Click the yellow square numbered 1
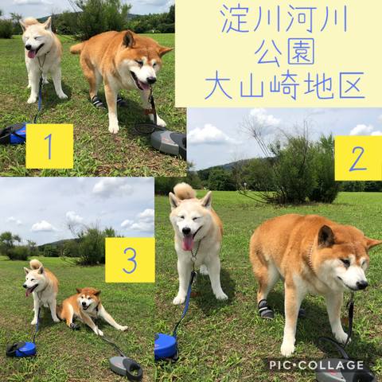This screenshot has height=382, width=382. coord(49,146)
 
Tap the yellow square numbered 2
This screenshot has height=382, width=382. coord(358,158)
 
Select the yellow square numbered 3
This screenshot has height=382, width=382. coord(130,260)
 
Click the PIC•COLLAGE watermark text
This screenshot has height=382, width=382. coord(317,365)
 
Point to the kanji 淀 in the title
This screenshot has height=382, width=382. coord(233,18)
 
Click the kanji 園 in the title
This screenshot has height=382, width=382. coord(301,52)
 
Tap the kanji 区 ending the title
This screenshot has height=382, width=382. coord(352,85)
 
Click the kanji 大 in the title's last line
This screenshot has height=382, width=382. coord(218,85)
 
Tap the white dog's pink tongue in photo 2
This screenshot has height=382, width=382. coord(188,243)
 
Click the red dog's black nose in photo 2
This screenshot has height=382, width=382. coord(361,285)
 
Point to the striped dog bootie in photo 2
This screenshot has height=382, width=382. coord(266,309)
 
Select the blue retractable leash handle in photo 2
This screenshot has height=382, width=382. coord(166,347)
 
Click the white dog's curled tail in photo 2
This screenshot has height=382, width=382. coord(184,191)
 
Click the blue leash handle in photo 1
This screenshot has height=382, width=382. coord(14,134)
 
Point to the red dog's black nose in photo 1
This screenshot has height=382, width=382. coord(151,80)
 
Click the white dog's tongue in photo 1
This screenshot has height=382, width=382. coord(32,54)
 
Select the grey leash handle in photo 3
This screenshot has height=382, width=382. coord(127,368)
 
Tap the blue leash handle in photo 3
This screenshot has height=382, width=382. coord(21,349)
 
